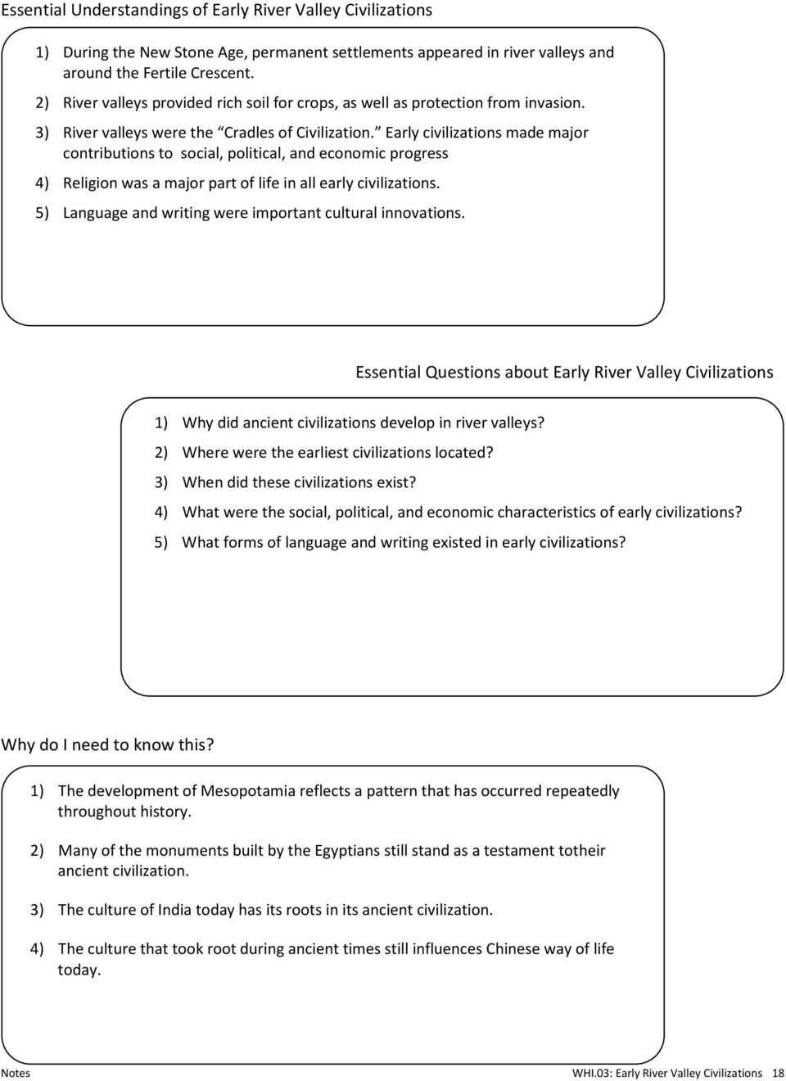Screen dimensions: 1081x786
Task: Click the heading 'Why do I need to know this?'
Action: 107,744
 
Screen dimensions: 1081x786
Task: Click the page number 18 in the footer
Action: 777,1073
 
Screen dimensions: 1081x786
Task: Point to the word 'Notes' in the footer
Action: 15,1073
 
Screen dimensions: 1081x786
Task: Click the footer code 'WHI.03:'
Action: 592,1073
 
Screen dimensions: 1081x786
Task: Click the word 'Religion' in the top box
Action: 89,183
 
